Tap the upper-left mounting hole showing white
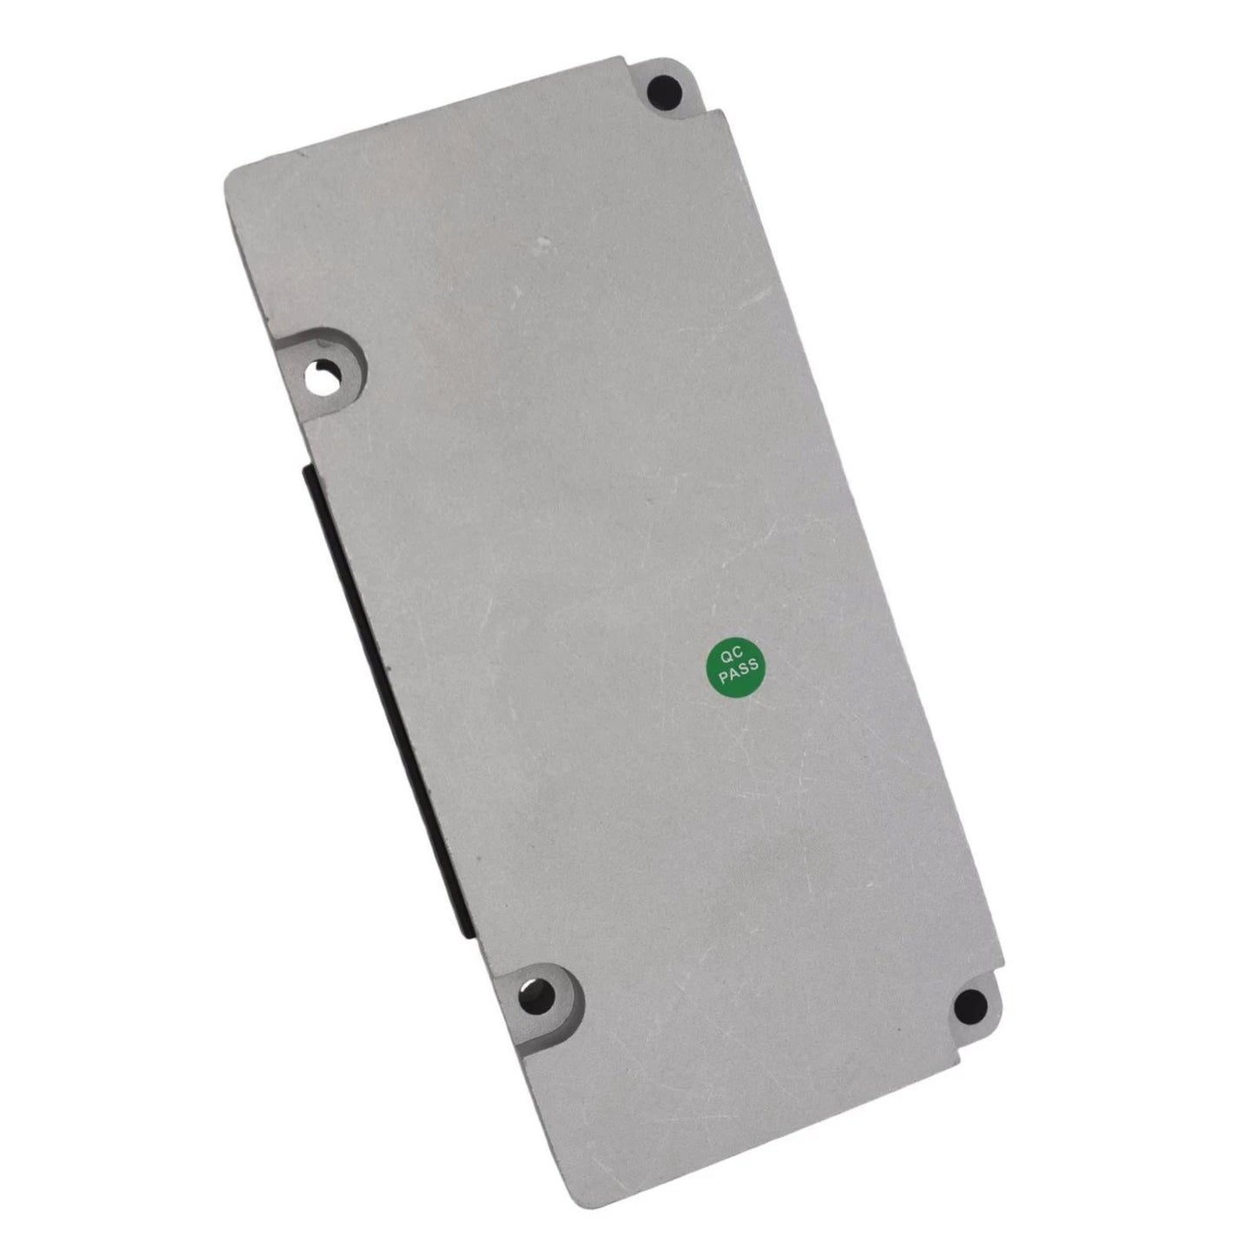(320, 379)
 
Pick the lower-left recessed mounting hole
(535, 992)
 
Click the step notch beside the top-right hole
(719, 114)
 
